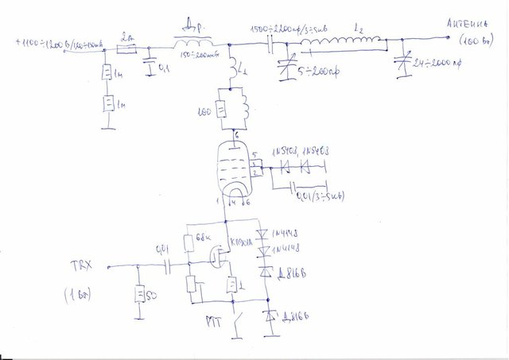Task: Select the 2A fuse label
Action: (x=126, y=37)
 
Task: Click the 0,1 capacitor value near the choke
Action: (x=165, y=70)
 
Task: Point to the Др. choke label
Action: (x=194, y=22)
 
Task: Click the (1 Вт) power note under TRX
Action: (x=79, y=296)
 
